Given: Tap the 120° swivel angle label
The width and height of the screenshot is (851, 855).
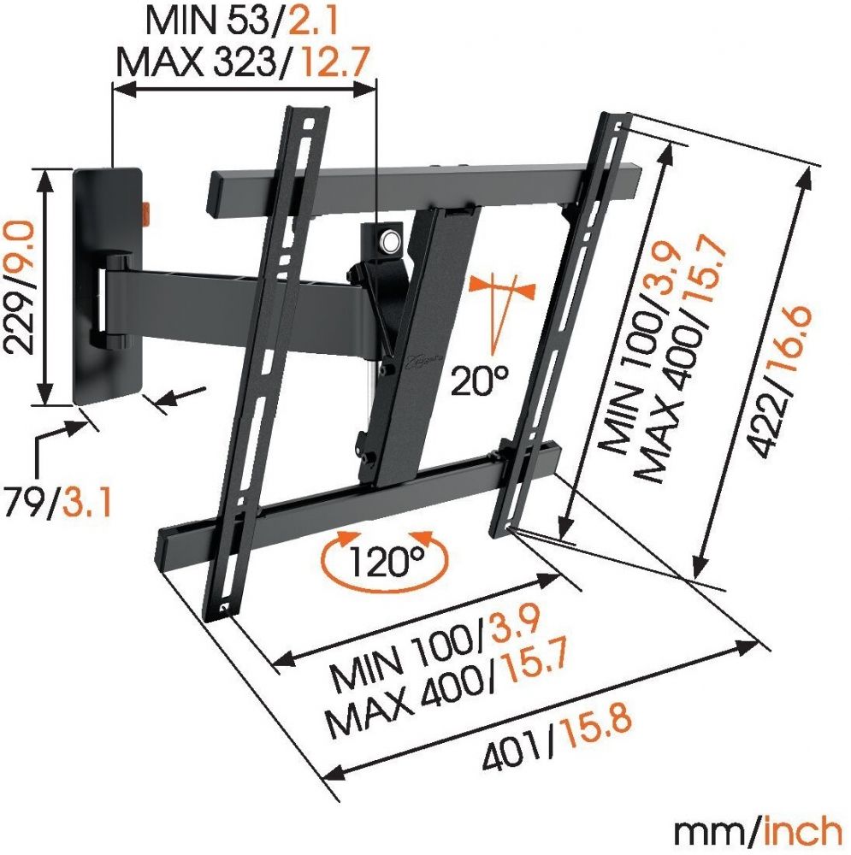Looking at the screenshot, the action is tap(386, 561).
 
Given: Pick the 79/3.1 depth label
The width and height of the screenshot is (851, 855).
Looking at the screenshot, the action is tap(58, 502).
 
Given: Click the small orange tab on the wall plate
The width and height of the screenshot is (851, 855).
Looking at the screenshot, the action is tap(146, 213).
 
